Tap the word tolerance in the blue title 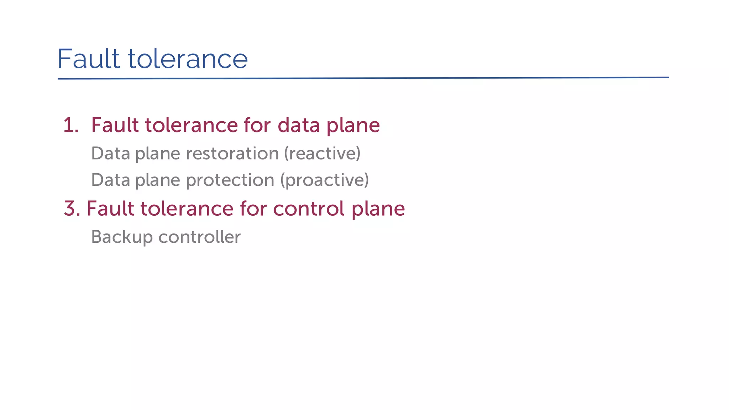pos(188,59)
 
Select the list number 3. pos(72,209)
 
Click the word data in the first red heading pos(298,125)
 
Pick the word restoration pos(232,154)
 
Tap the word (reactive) pos(322,154)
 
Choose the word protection pos(230,180)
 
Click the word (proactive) pos(324,180)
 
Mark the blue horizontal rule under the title pos(363,78)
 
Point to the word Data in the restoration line pos(111,154)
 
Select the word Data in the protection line pos(111,180)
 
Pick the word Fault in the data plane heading pos(115,125)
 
